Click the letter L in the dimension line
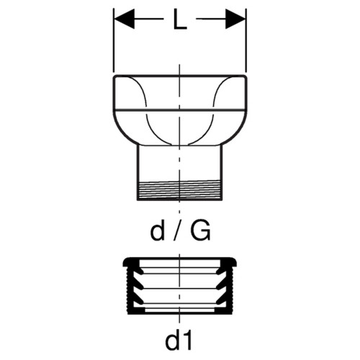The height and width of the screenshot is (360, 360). coord(180,19)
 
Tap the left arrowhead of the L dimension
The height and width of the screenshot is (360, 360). coord(125,19)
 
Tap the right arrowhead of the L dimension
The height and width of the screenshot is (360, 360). coord(235,19)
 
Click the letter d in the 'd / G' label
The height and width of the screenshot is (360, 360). coord(158,231)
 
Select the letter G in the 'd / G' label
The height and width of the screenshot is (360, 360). coord(200,231)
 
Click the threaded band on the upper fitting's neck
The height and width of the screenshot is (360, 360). coord(179,189)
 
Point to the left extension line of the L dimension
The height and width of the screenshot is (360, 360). coord(114,40)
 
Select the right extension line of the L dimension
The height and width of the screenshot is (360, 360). coord(246,40)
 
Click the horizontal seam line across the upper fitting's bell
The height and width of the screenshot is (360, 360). coord(180,111)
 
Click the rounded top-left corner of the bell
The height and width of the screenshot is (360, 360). coord(115,77)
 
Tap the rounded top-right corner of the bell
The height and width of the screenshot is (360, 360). coord(245,77)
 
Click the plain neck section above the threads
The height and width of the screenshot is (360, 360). coord(179,163)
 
